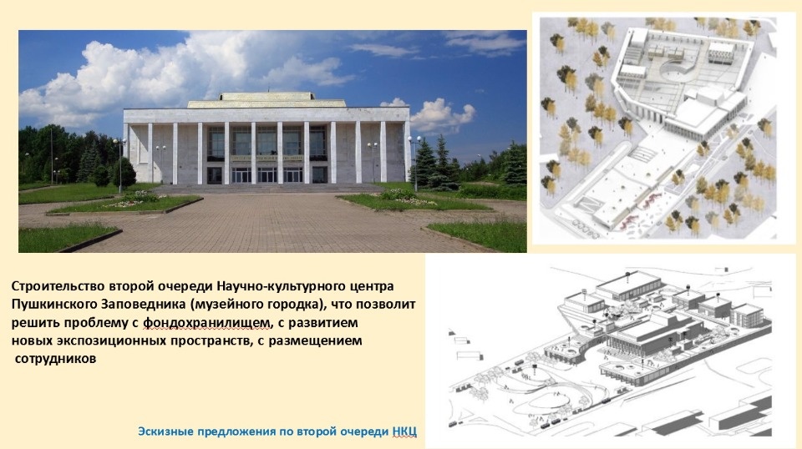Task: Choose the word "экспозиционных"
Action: click(x=109, y=341)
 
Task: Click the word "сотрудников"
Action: click(x=56, y=359)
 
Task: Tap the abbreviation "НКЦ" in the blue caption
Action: click(x=403, y=431)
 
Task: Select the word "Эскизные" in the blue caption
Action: click(x=165, y=431)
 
